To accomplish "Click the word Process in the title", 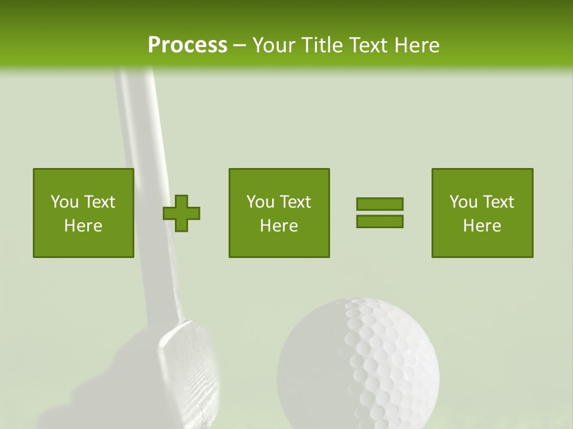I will pos(187,45).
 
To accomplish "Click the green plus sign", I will pos(181,213).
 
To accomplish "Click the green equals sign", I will pos(380,213).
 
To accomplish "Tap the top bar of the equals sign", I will pos(380,204).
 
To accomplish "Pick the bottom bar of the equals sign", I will pos(380,221).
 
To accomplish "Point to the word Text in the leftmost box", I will pos(99,202).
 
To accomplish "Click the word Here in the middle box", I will pos(279,226).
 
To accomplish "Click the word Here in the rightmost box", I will pos(482,226).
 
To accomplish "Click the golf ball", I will pos(358,363).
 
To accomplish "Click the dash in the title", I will pos(239,45).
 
